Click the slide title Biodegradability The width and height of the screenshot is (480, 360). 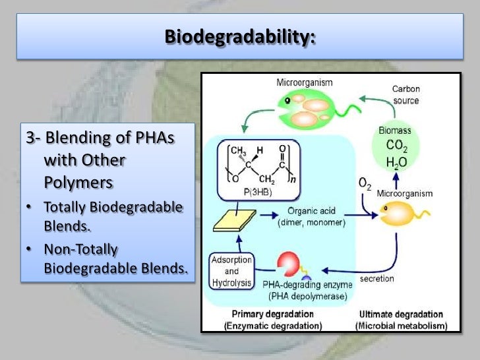click(239, 36)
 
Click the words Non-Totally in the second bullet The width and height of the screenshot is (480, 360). click(80, 249)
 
